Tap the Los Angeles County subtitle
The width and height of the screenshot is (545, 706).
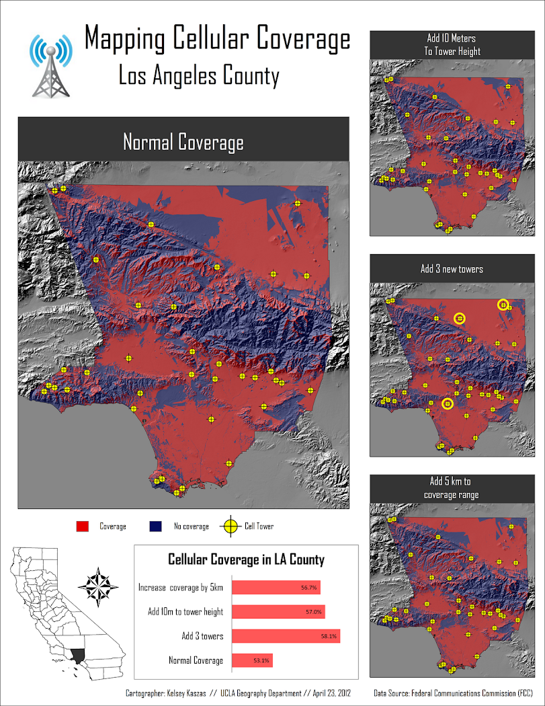point(198,76)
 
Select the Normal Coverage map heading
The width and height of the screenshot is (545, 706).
point(183,143)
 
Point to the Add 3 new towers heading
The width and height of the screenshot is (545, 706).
point(452,269)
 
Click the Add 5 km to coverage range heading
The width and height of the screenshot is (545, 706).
point(452,488)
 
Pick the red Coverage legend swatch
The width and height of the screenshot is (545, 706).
point(84,526)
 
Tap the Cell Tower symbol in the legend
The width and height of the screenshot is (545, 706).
point(230,526)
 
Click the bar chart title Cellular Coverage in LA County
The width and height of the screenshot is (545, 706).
point(246,559)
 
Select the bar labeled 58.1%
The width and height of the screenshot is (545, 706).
point(286,636)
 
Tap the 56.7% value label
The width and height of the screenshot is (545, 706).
point(309,588)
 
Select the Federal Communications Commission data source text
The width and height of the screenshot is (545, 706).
point(474,693)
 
